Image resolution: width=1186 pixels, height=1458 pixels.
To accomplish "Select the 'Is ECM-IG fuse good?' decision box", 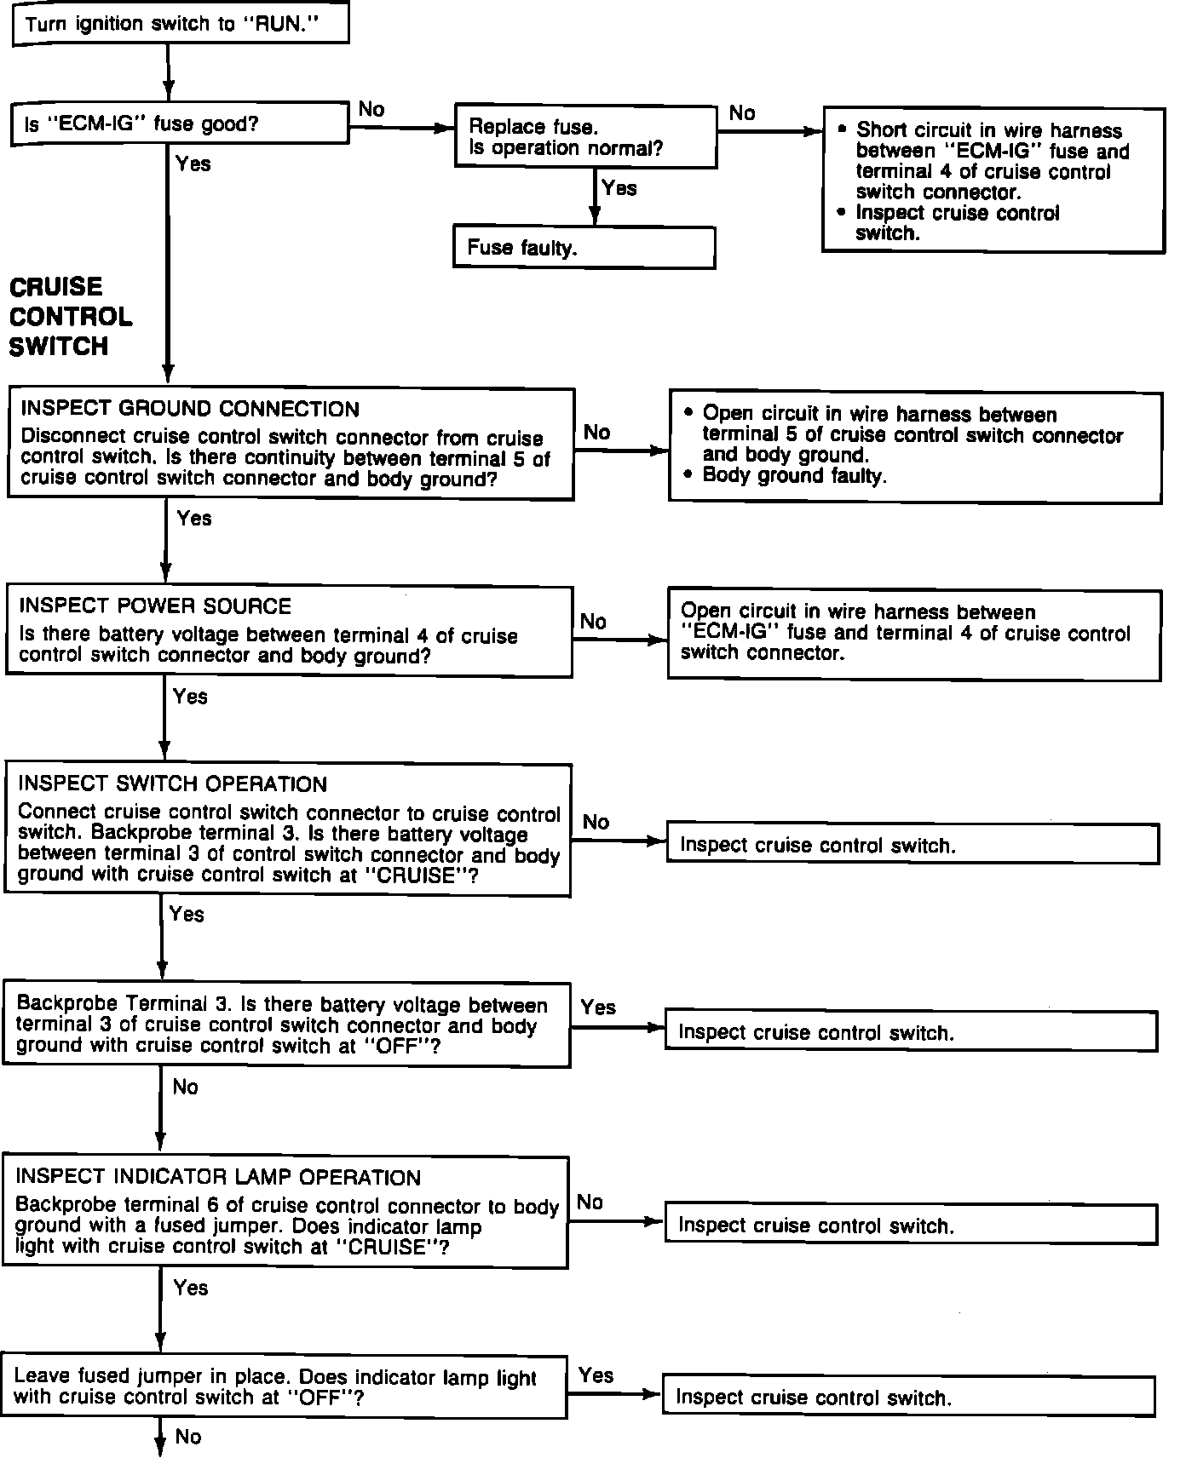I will point(179,124).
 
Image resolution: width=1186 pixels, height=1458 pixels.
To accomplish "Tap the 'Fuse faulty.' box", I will point(584,248).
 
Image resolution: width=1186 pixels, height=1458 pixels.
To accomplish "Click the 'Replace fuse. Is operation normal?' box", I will point(584,137).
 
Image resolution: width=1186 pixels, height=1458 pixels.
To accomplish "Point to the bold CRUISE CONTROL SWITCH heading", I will point(71,316).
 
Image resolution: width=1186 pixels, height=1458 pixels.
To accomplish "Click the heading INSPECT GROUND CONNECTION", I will point(190,410).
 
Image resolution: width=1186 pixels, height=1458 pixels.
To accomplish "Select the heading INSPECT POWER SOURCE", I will point(155,606).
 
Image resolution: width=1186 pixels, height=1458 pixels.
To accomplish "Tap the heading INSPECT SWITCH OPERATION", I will point(172,784).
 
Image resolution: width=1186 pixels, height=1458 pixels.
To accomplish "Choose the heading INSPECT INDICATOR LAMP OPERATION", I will point(218,1178).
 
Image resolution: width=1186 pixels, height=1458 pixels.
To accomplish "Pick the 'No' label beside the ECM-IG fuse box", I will point(371,110).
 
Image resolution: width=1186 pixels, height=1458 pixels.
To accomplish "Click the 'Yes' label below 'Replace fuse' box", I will point(619,188).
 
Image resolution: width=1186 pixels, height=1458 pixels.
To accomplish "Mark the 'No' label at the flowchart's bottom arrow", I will point(188,1437).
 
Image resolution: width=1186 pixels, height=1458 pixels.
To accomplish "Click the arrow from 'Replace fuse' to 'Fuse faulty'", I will point(595,198).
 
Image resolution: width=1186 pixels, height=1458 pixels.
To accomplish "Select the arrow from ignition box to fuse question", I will point(169,73).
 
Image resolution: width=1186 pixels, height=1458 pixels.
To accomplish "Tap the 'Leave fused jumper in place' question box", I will point(285,1387).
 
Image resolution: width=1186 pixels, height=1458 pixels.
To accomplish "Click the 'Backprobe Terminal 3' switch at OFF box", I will point(286,1025).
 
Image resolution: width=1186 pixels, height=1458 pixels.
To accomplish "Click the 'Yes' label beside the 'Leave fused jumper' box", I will point(596,1375).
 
